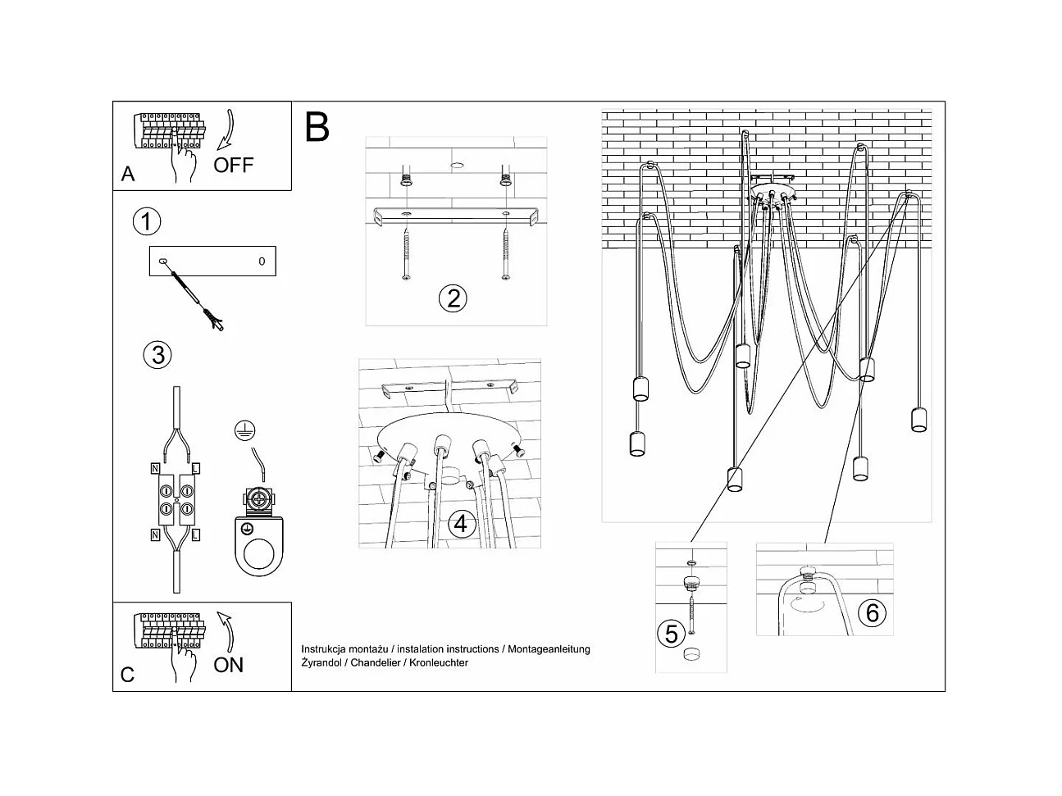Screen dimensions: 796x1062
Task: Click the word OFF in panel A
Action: pos(234,165)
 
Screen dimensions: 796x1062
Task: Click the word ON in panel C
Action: pos(228,664)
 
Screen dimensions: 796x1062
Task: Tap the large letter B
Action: pos(317,127)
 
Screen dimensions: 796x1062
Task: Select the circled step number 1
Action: pos(147,221)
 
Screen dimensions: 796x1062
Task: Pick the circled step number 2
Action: pos(453,298)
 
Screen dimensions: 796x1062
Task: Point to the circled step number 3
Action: pos(157,354)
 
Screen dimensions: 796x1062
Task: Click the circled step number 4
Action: pos(462,523)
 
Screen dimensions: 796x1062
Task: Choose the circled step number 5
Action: pos(671,634)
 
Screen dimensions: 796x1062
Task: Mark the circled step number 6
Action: pos(872,612)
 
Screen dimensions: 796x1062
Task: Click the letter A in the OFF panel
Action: pos(128,174)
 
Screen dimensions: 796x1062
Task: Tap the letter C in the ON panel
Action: pos(127,675)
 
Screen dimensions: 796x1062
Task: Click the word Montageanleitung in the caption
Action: pos(549,649)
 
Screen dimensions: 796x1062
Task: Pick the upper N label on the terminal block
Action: pos(155,469)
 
